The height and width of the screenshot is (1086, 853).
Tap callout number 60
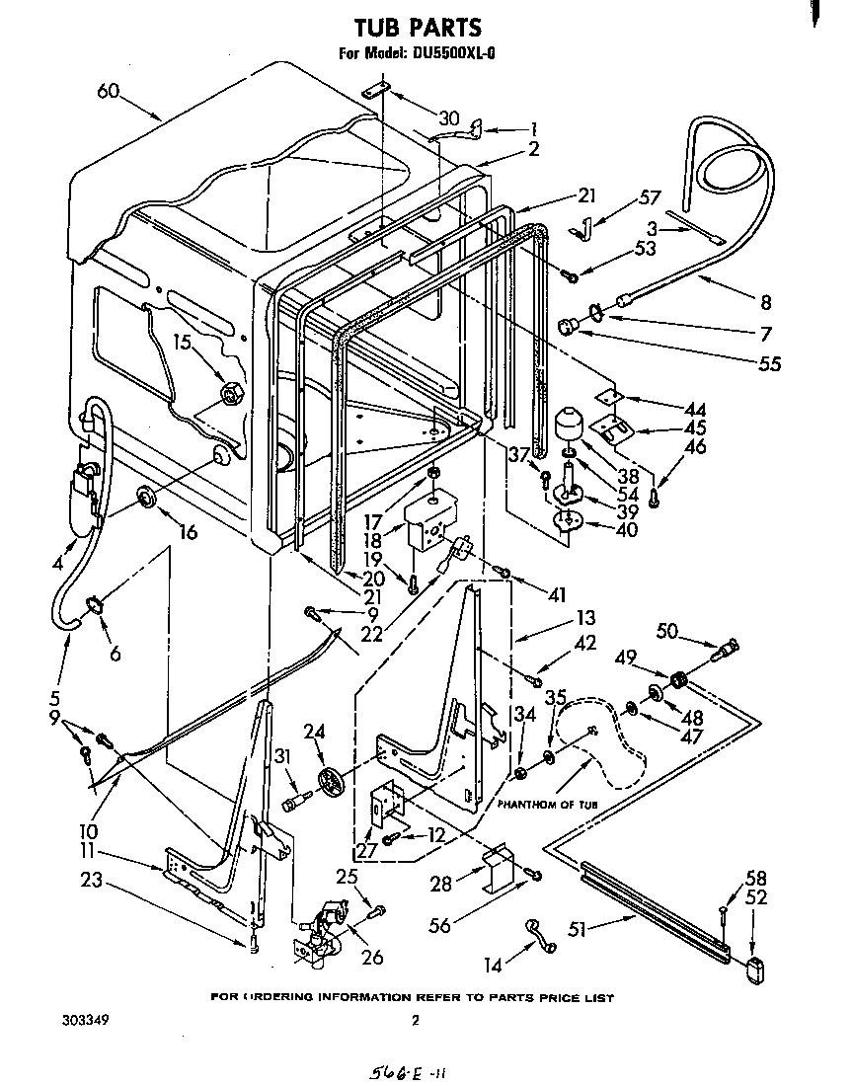(x=109, y=91)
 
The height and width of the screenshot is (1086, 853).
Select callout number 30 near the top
(x=449, y=118)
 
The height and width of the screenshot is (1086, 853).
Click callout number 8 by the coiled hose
(x=765, y=303)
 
